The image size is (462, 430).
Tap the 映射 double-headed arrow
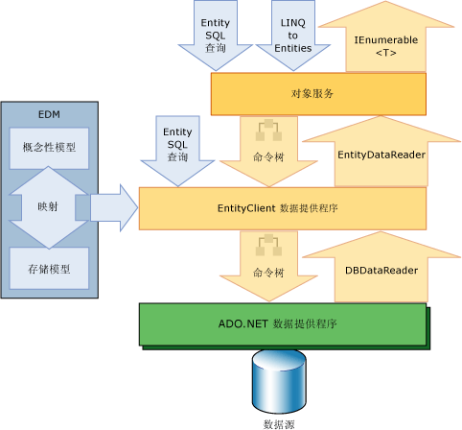tap(48, 205)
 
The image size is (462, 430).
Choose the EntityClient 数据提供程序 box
tap(284, 207)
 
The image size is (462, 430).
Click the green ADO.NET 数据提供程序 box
tap(284, 323)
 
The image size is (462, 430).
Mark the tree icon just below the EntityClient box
tap(262, 244)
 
